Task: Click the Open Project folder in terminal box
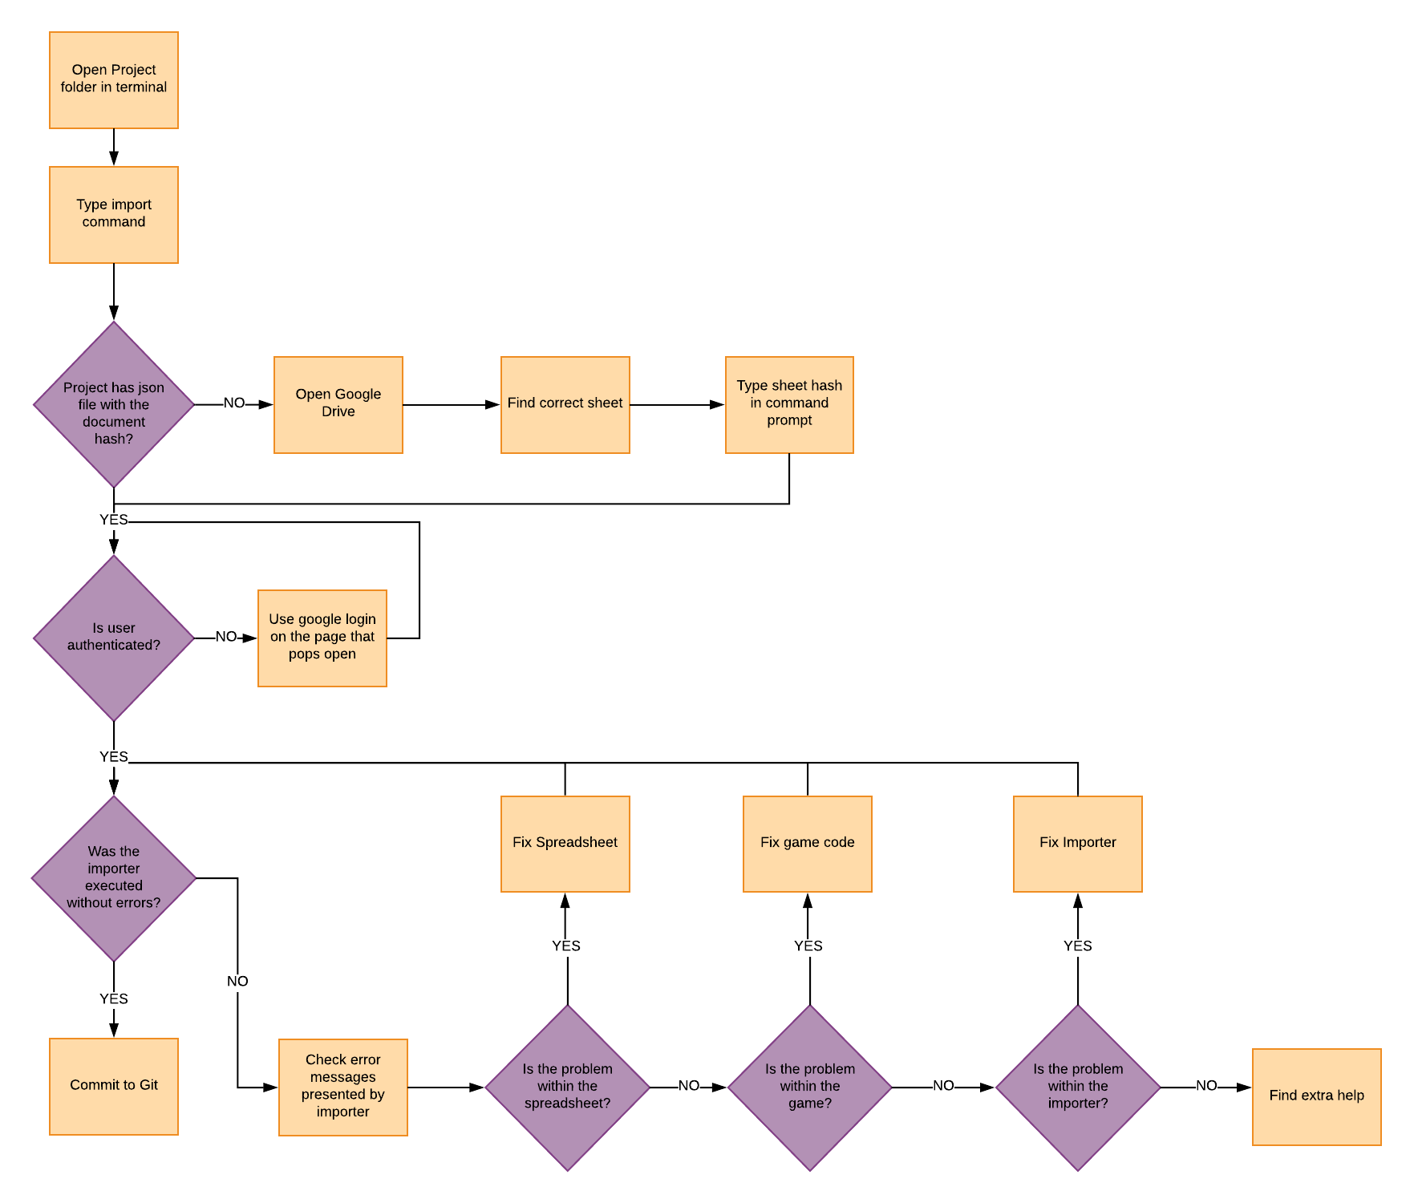pyautogui.click(x=114, y=80)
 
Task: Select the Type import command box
pyautogui.click(x=114, y=215)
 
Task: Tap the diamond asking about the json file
pyautogui.click(x=114, y=405)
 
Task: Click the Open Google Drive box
pyautogui.click(x=338, y=405)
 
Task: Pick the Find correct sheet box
pyautogui.click(x=565, y=405)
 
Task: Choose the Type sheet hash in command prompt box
pyautogui.click(x=789, y=405)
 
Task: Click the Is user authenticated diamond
pyautogui.click(x=114, y=638)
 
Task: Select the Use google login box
pyautogui.click(x=322, y=638)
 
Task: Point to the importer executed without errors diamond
pyautogui.click(x=114, y=878)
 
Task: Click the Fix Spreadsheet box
pyautogui.click(x=565, y=844)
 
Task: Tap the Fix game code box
pyautogui.click(x=808, y=844)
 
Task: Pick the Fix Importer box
pyautogui.click(x=1078, y=844)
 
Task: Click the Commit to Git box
pyautogui.click(x=114, y=1087)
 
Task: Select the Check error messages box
pyautogui.click(x=343, y=1088)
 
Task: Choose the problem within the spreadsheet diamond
pyautogui.click(x=568, y=1088)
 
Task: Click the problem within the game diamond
pyautogui.click(x=810, y=1088)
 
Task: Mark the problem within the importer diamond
pyautogui.click(x=1078, y=1088)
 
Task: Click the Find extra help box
pyautogui.click(x=1317, y=1097)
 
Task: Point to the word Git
pyautogui.click(x=149, y=1085)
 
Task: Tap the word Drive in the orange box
pyautogui.click(x=338, y=411)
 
